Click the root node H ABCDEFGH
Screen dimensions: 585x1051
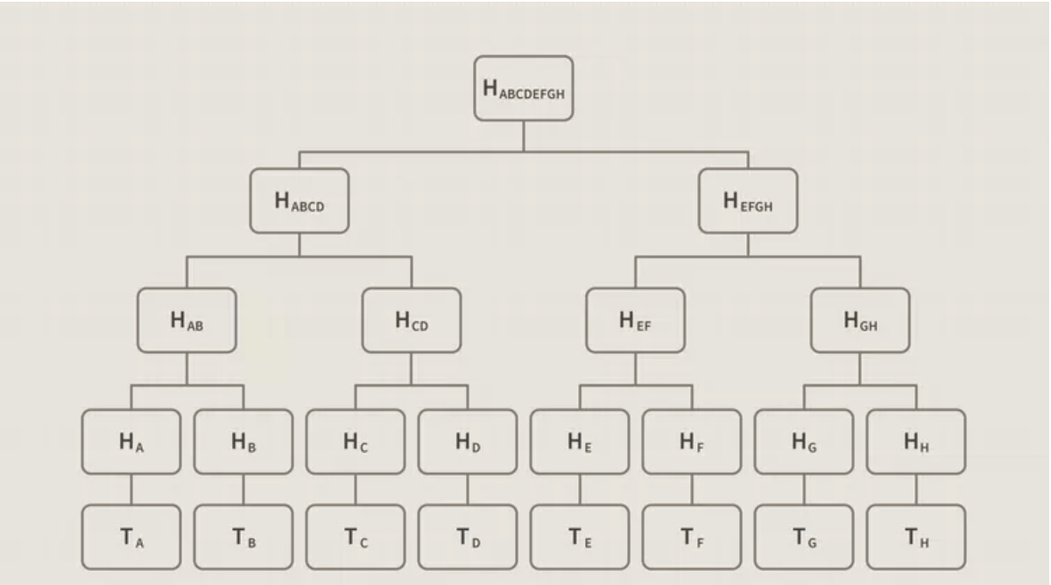point(524,88)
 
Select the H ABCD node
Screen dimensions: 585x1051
point(299,201)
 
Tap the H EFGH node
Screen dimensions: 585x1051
point(748,201)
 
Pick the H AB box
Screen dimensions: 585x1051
point(187,321)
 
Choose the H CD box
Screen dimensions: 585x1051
point(411,321)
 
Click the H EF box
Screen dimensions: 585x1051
point(635,321)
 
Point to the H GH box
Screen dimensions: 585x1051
point(860,321)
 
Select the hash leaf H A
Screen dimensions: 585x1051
point(131,441)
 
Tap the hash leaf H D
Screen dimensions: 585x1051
point(468,441)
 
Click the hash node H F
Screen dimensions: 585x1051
point(692,441)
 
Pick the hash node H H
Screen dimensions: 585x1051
point(916,441)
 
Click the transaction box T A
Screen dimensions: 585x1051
point(131,537)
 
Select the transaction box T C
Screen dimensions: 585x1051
point(356,537)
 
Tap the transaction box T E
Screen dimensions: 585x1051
point(580,537)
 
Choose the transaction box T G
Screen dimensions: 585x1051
point(804,537)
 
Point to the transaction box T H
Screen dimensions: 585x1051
point(916,537)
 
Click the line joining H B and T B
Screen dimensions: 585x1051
point(243,490)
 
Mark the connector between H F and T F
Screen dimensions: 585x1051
point(692,490)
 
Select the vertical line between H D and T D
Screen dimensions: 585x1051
point(468,490)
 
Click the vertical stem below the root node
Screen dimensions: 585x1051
point(524,136)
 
